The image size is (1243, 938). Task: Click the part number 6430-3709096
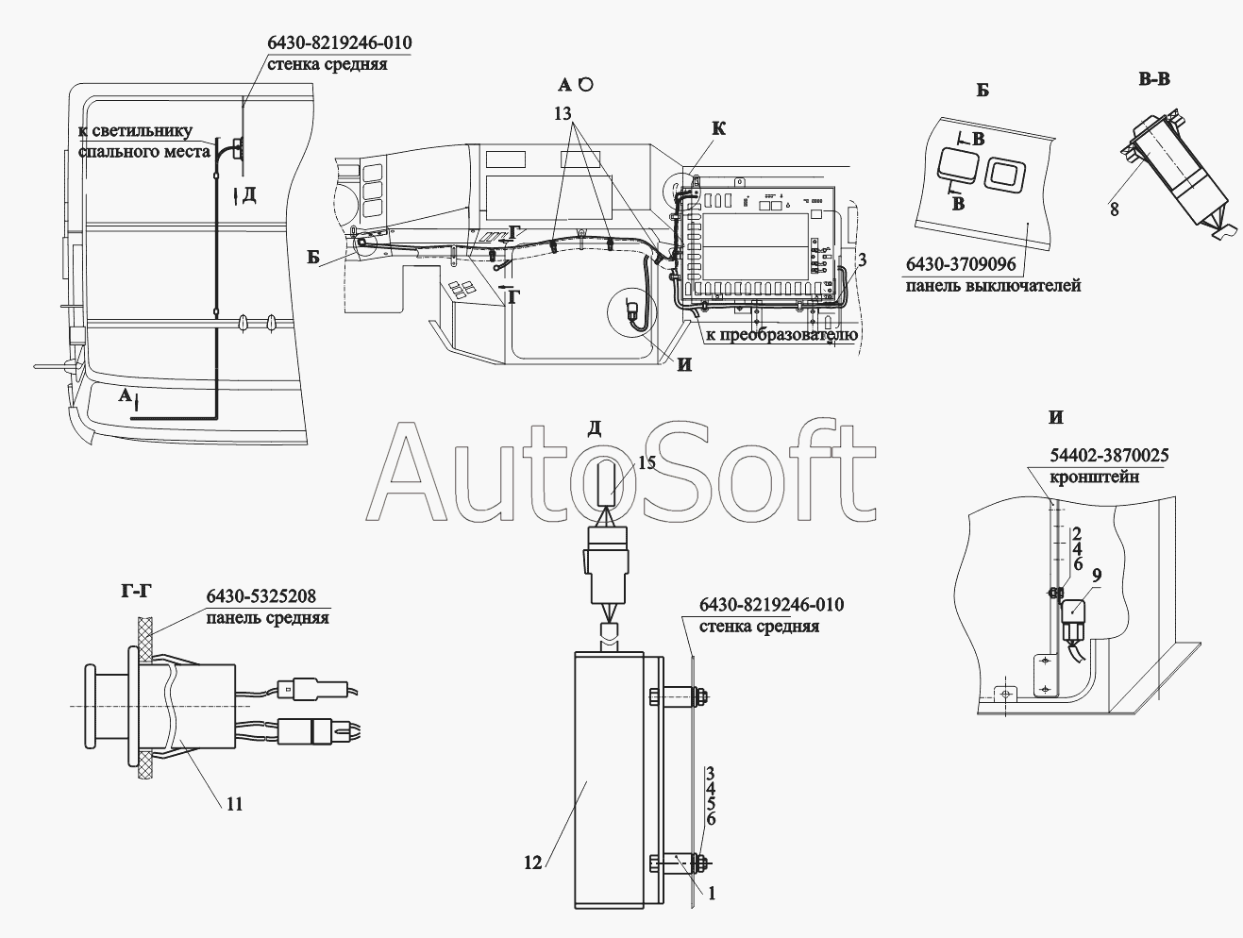961,264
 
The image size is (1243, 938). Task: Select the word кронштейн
1094,477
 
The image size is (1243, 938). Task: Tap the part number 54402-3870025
1109,455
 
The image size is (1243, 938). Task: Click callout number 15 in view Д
647,462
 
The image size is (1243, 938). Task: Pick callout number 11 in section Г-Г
234,804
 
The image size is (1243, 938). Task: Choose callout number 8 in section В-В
1114,209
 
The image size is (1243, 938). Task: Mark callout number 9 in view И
1097,576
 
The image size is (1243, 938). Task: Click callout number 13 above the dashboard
563,114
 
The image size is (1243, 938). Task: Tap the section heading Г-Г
137,592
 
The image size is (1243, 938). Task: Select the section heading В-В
1154,79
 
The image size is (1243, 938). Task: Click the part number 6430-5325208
261,596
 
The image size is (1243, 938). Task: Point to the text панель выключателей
993,285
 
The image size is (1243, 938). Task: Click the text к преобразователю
781,335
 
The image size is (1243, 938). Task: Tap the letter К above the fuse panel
718,128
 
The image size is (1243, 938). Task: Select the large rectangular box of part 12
610,780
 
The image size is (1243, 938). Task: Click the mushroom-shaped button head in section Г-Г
91,707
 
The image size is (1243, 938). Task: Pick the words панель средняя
267,617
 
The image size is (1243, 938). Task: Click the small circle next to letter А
587,84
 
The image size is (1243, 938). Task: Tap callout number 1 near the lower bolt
712,894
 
